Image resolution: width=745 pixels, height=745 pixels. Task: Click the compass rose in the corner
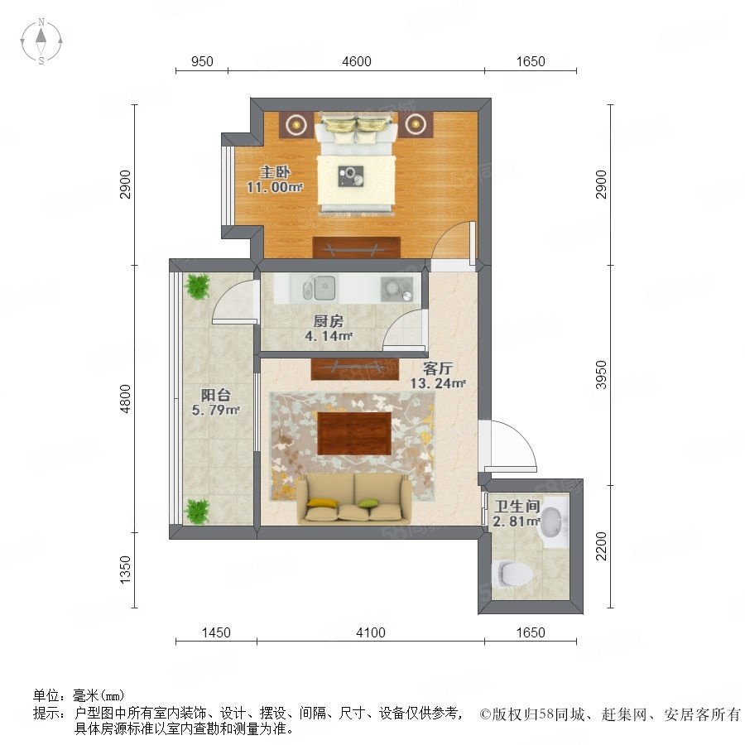41,41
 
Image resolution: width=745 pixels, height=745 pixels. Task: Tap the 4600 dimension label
356,61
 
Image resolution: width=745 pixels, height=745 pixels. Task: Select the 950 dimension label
202,61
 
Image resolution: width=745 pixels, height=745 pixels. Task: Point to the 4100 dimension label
371,632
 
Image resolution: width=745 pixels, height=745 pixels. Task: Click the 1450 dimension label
216,632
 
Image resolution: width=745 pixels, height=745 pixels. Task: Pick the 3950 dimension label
602,375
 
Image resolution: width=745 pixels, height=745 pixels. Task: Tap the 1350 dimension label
125,570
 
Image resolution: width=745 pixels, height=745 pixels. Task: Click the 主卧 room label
275,171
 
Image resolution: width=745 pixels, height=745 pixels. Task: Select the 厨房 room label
329,321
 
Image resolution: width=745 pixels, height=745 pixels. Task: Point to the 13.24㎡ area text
438,383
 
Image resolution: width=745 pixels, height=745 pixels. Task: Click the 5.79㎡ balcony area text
216,410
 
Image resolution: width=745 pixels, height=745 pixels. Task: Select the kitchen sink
320,288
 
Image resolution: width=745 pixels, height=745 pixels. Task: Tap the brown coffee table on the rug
354,433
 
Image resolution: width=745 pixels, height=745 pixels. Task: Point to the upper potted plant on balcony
197,286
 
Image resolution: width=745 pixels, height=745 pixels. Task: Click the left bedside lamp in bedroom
296,124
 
